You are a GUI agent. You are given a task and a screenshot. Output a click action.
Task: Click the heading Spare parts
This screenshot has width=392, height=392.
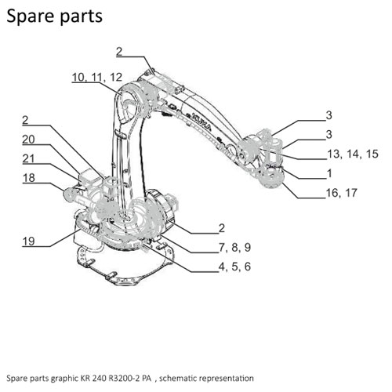(54, 16)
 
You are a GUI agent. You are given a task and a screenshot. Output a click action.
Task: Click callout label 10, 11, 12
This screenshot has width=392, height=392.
(97, 78)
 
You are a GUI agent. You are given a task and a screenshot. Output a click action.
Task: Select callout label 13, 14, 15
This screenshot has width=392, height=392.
(353, 154)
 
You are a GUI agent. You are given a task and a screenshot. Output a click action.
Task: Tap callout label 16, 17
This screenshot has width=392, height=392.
(342, 193)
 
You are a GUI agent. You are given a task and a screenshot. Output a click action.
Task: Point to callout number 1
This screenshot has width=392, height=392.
(330, 173)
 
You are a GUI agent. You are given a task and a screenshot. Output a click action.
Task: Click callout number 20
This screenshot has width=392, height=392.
(28, 140)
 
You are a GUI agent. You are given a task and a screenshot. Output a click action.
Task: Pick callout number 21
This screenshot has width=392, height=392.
(28, 158)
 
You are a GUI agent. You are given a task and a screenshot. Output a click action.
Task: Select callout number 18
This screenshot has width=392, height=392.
(29, 178)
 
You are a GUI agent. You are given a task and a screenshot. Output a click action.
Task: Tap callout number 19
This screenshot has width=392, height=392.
(28, 241)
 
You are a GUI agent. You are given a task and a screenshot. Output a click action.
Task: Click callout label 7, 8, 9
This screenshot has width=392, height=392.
(234, 247)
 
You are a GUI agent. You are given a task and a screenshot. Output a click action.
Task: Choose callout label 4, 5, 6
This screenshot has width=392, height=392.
(234, 267)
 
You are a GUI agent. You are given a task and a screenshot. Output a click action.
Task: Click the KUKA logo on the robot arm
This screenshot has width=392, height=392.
(201, 122)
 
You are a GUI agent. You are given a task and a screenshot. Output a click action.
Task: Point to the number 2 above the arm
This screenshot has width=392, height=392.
(119, 52)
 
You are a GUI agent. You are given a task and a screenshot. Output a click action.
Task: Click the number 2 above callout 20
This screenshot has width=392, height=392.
(25, 120)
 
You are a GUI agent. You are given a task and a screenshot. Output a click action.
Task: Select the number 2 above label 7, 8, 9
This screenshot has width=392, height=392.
(222, 228)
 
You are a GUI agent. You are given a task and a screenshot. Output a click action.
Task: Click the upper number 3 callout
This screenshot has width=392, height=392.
(329, 115)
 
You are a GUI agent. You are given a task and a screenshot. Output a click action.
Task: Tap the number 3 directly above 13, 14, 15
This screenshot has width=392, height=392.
(329, 134)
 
